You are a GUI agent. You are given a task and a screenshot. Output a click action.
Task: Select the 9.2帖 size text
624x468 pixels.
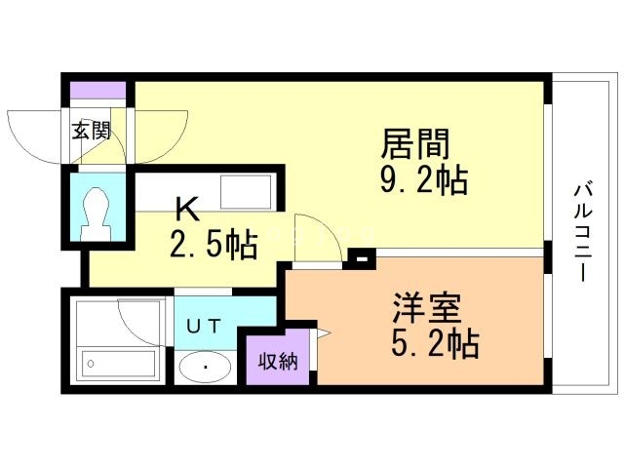(423, 181)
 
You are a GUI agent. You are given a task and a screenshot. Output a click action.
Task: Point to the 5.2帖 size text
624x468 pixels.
(435, 344)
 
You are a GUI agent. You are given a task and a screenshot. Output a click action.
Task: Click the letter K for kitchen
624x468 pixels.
(187, 209)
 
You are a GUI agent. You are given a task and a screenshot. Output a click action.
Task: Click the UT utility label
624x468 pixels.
(205, 326)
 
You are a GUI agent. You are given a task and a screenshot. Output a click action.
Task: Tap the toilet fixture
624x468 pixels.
(97, 211)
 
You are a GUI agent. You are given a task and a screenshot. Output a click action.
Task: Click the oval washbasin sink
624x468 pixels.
(205, 368)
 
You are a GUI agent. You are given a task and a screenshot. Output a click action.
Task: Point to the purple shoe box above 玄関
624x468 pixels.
(97, 91)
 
